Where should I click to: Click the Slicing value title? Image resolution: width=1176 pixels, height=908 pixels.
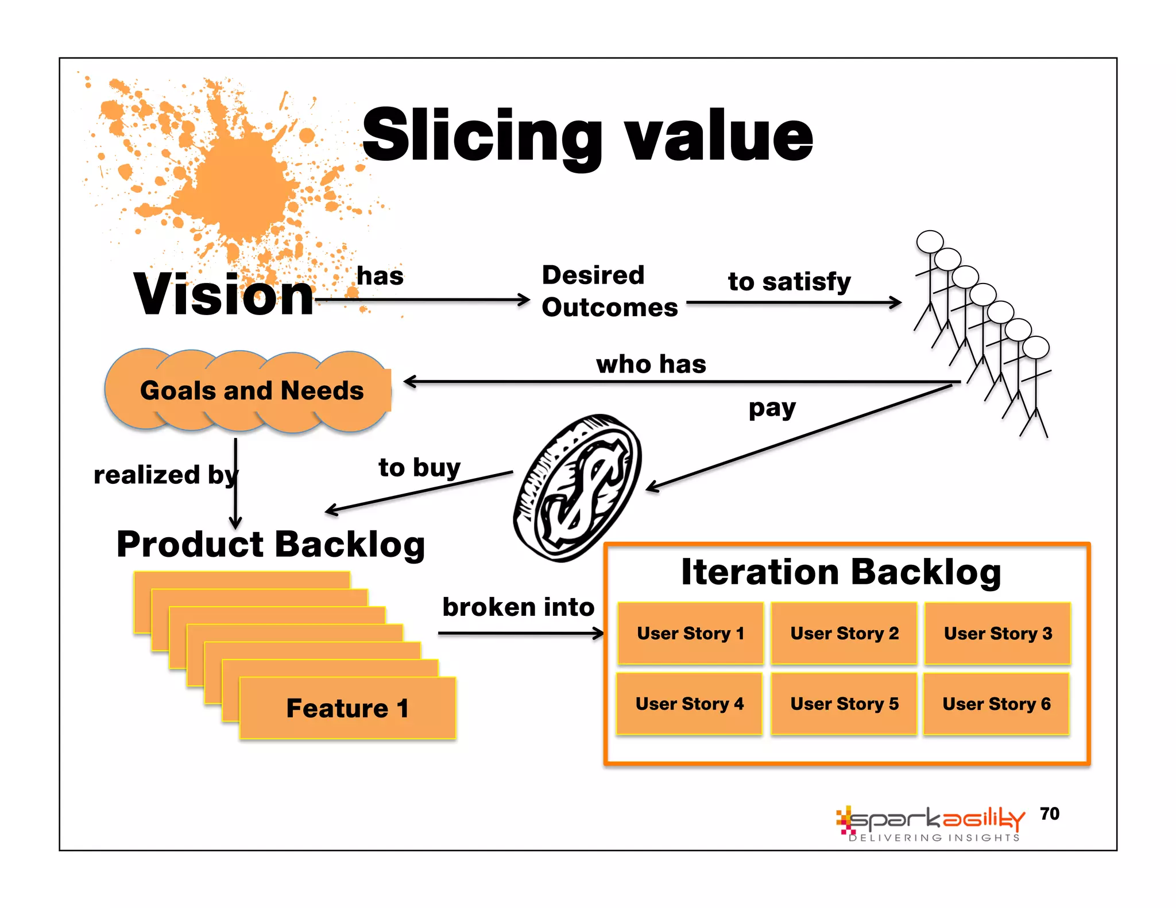(x=587, y=135)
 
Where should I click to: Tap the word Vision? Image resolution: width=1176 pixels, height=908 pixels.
(x=224, y=294)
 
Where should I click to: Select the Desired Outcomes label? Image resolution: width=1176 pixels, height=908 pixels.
(x=609, y=291)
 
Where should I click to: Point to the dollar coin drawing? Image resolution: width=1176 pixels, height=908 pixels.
(x=577, y=488)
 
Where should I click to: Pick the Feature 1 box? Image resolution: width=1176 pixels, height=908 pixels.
(x=347, y=708)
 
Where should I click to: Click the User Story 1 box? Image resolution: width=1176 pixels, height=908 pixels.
(x=690, y=633)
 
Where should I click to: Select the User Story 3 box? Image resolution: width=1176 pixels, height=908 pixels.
(x=997, y=633)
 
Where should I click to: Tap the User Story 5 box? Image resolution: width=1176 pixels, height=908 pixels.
(x=844, y=704)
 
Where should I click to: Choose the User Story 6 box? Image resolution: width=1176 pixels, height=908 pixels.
(x=996, y=704)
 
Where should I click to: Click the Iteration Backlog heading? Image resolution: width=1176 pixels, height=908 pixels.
(x=841, y=572)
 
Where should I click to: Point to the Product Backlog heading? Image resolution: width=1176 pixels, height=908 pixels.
(x=270, y=544)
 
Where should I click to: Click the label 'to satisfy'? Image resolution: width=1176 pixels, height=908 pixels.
(x=789, y=282)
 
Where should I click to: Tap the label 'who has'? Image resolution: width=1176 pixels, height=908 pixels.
(x=651, y=364)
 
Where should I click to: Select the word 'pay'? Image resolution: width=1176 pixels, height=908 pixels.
(x=772, y=409)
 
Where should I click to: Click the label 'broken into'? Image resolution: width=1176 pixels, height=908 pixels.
(x=518, y=607)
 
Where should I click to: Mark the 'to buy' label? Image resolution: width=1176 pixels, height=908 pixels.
(x=419, y=467)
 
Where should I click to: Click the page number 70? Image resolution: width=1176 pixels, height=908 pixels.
(x=1049, y=813)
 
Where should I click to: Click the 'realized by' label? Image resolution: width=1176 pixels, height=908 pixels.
(x=165, y=475)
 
